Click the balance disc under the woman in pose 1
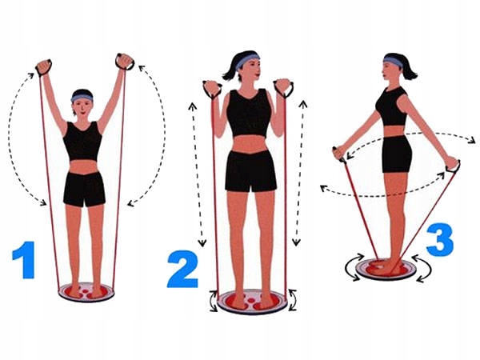point(86,291)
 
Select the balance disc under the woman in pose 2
point(251,302)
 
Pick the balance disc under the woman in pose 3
point(386,270)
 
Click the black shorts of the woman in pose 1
point(84,189)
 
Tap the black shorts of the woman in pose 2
point(250,170)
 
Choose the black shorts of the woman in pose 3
point(395,154)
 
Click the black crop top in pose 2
point(250,113)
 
